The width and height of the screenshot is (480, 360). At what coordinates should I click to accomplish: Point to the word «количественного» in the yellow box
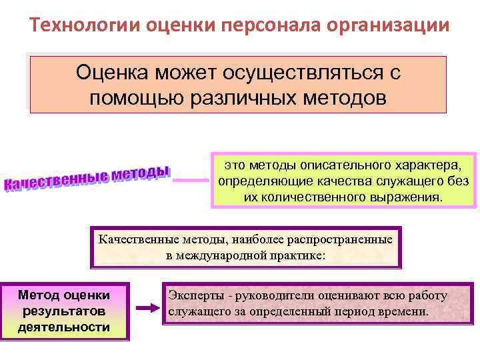click(323, 197)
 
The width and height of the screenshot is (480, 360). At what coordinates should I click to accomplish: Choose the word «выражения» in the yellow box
click(413, 197)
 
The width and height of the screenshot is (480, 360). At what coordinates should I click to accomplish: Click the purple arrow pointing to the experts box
click(146, 309)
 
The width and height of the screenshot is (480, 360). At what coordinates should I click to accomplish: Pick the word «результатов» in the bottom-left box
click(64, 311)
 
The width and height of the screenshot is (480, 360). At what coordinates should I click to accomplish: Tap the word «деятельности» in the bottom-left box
click(64, 327)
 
